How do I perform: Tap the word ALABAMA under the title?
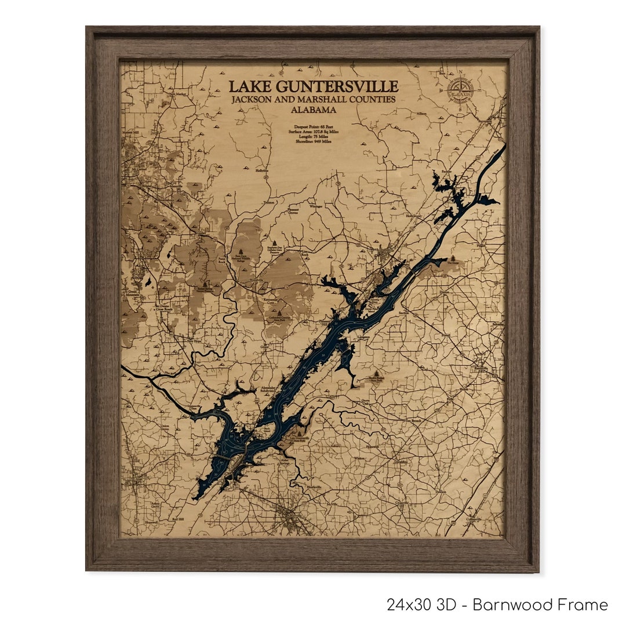314,110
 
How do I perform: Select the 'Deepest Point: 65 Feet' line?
314,125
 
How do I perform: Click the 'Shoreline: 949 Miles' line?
314,142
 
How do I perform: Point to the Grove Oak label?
366,401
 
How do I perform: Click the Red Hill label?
178,519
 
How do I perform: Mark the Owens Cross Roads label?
164,308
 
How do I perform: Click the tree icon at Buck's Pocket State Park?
377,374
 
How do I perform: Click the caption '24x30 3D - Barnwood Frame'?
497,605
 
